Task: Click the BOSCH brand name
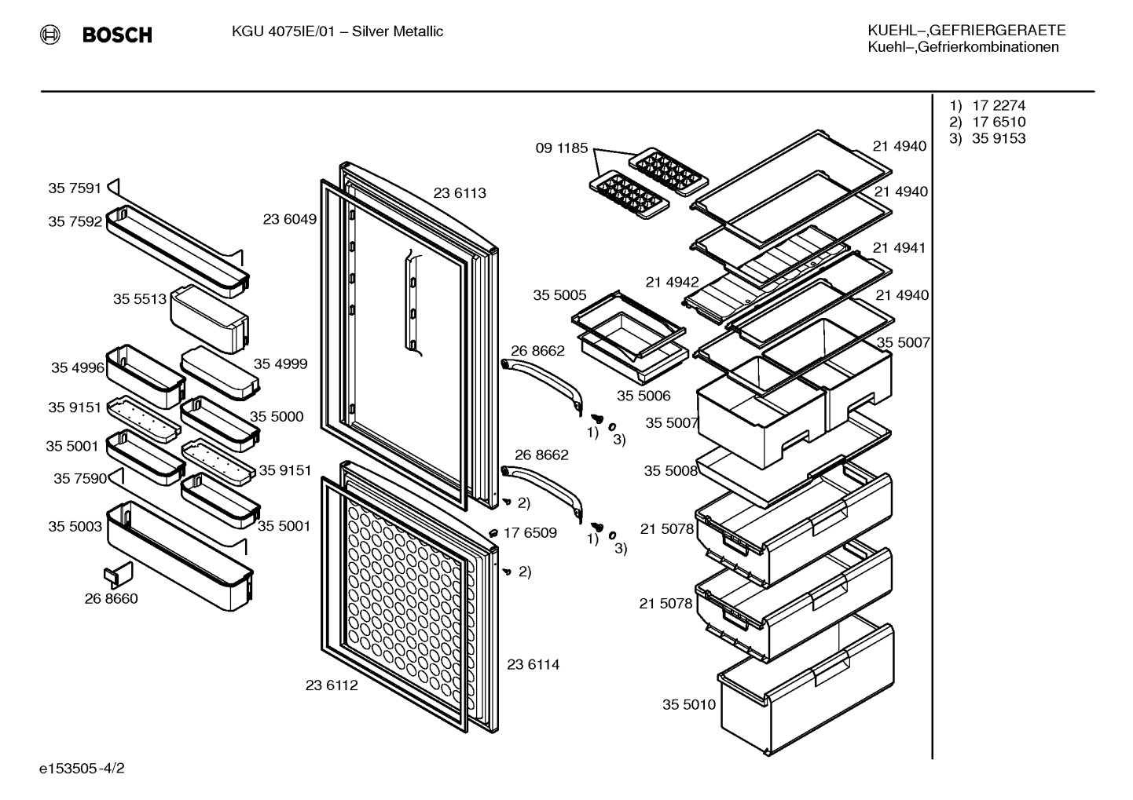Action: [x=117, y=35]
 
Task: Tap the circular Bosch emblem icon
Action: [x=49, y=35]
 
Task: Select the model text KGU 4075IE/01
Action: [x=283, y=31]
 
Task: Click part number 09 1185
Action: [x=562, y=148]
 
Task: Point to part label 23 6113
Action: [x=460, y=193]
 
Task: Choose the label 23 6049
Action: [x=289, y=219]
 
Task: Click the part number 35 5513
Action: [x=140, y=299]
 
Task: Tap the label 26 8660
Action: [x=111, y=598]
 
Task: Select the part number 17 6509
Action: [x=530, y=532]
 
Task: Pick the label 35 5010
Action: [x=689, y=704]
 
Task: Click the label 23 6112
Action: [x=332, y=685]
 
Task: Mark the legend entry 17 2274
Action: [x=999, y=106]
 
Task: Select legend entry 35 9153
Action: [x=999, y=138]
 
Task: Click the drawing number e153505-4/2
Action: [x=82, y=769]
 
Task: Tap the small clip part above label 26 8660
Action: [x=118, y=575]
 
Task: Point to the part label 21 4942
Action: [x=672, y=282]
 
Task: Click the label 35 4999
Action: [x=280, y=363]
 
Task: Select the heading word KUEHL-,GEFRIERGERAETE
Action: [x=966, y=31]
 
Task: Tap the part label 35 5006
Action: [x=643, y=396]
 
